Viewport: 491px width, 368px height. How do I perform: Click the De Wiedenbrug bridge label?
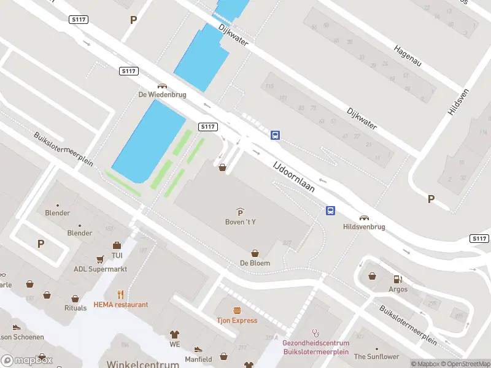pyautogui.click(x=162, y=95)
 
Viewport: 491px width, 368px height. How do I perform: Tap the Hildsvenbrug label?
pyautogui.click(x=364, y=226)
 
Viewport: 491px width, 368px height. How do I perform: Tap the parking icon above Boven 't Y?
pyautogui.click(x=240, y=212)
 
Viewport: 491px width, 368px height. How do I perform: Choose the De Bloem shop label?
pyautogui.click(x=255, y=263)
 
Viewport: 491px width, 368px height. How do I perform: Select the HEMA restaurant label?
pyautogui.click(x=121, y=304)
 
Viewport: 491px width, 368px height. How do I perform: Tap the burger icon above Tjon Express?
pyautogui.click(x=236, y=310)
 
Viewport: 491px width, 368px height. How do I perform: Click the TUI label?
pyautogui.click(x=117, y=255)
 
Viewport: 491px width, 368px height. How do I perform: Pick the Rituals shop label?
pyautogui.click(x=75, y=308)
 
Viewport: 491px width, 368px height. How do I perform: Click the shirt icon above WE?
pyautogui.click(x=175, y=334)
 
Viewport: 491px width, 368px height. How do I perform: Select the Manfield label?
pyautogui.click(x=198, y=359)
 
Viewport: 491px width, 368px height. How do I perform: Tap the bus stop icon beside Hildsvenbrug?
pyautogui.click(x=330, y=211)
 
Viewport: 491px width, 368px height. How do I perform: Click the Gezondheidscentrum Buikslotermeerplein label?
pyautogui.click(x=316, y=347)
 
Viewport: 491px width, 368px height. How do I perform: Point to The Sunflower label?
pyautogui.click(x=376, y=356)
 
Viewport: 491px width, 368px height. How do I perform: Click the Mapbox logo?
pyautogui.click(x=26, y=361)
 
